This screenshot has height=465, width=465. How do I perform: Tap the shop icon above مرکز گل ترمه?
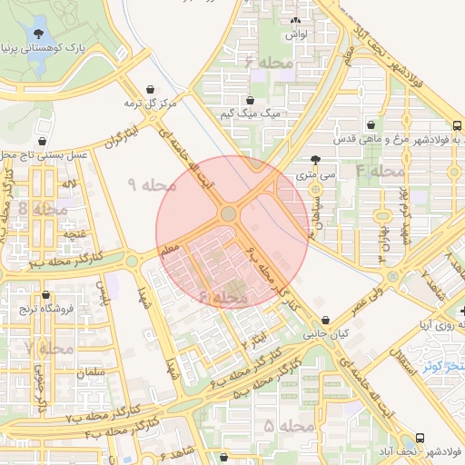149,89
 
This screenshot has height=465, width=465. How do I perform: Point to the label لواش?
295,34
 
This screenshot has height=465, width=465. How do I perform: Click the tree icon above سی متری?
315,158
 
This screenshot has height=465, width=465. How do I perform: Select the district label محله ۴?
380,170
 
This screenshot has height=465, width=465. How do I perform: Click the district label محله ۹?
151,184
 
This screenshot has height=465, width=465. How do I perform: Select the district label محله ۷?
49,348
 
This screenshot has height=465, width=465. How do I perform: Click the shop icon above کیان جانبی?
326,319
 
